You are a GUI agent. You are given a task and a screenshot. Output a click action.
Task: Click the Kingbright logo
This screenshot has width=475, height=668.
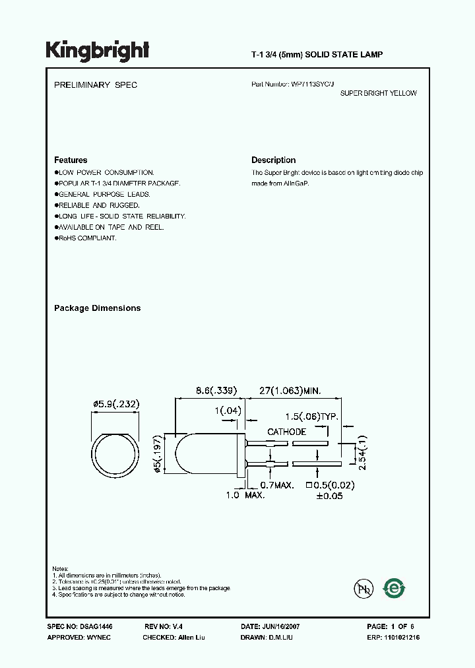(x=97, y=51)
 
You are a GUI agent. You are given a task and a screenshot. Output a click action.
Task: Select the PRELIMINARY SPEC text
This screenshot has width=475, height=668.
(x=95, y=85)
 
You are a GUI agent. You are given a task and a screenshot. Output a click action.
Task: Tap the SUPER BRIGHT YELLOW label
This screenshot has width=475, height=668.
(x=378, y=94)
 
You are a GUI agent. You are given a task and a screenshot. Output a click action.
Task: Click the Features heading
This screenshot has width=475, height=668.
(x=71, y=160)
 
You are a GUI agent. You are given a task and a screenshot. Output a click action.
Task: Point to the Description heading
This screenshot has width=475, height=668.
(x=273, y=160)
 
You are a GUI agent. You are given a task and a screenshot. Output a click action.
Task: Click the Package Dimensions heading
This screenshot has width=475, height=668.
(x=97, y=308)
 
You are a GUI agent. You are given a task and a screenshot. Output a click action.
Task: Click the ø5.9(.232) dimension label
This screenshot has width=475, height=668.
(x=116, y=404)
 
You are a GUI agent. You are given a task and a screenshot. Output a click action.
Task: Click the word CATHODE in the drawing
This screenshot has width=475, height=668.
(x=286, y=432)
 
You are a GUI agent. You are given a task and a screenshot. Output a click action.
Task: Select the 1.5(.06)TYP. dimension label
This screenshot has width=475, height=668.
(x=311, y=417)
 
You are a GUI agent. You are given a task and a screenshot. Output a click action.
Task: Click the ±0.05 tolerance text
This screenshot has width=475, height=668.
(x=329, y=496)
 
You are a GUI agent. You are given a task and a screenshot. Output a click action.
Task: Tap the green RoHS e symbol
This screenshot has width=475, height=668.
(x=395, y=587)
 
